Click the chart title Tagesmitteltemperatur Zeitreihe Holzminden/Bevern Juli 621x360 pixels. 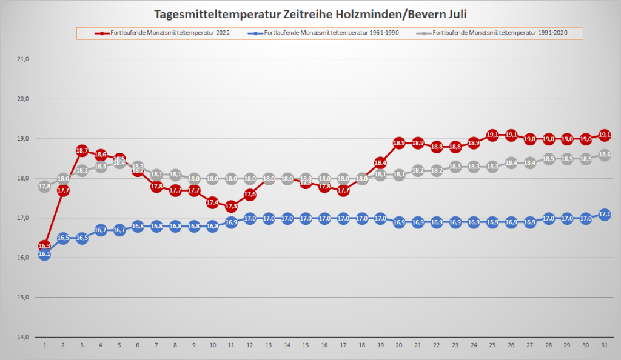(x=310, y=13)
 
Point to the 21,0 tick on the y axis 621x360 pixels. (x=23, y=59)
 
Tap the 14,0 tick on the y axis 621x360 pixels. (x=23, y=337)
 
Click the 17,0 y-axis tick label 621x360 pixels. (x=23, y=218)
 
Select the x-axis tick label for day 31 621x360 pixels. (x=605, y=344)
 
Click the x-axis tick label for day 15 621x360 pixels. (x=306, y=344)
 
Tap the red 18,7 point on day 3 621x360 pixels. (x=82, y=150)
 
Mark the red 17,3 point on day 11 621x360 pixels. (x=231, y=206)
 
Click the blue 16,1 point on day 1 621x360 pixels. (x=44, y=255)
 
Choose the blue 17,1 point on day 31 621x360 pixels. (x=605, y=215)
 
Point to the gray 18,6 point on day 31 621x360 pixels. (x=605, y=155)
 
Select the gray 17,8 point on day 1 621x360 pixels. (x=44, y=187)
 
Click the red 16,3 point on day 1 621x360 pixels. (x=44, y=245)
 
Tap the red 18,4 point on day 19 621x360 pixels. (x=381, y=162)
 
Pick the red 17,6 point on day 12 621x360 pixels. (x=250, y=195)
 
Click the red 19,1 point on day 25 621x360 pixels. (x=492, y=135)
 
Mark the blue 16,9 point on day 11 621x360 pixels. (x=231, y=222)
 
